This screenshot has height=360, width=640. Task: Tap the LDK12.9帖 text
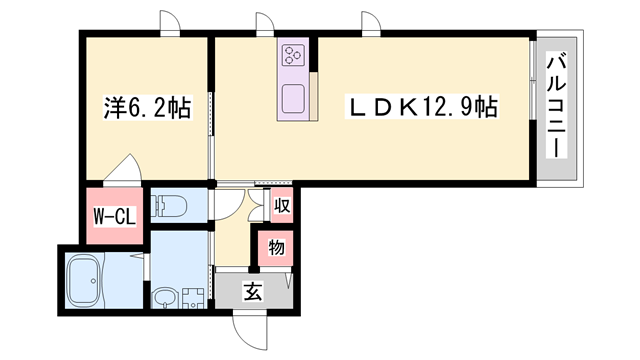tap(422, 105)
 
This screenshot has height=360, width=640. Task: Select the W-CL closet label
tap(112, 216)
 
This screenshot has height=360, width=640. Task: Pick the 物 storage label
tap(276, 247)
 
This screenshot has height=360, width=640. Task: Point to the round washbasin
tap(164, 297)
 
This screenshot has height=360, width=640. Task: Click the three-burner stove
tap(295, 54)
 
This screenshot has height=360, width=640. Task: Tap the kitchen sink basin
tap(295, 99)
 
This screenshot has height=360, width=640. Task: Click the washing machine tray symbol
tap(193, 296)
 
